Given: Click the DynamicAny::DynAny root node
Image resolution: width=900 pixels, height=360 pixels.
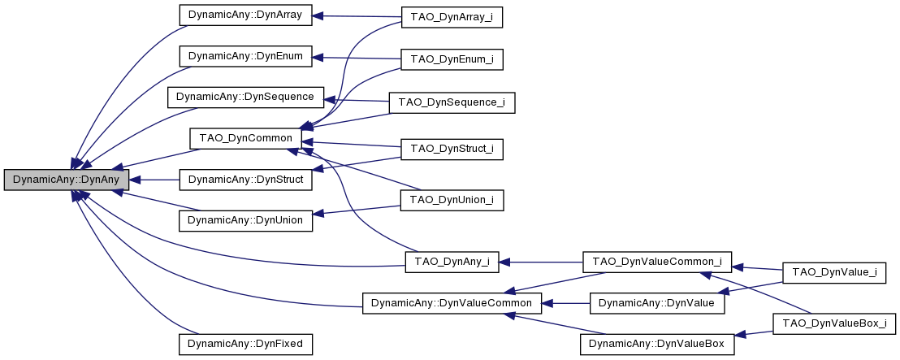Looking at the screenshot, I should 66,180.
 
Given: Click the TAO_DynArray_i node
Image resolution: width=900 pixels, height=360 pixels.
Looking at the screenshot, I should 452,18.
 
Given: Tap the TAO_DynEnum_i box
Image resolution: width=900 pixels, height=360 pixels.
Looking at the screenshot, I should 452,59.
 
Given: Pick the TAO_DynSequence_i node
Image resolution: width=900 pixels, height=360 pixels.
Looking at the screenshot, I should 452,102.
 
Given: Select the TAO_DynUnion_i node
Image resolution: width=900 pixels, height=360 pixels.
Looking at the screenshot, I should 452,199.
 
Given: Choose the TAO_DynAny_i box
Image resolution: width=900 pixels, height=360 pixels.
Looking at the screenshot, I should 452,262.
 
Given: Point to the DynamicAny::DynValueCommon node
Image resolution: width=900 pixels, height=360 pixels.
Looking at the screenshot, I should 452,303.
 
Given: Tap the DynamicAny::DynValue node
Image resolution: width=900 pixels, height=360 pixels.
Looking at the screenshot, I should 657,303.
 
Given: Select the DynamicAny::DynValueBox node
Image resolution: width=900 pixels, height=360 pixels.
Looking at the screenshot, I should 657,344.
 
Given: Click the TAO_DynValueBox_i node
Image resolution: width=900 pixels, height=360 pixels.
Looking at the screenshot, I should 834,323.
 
